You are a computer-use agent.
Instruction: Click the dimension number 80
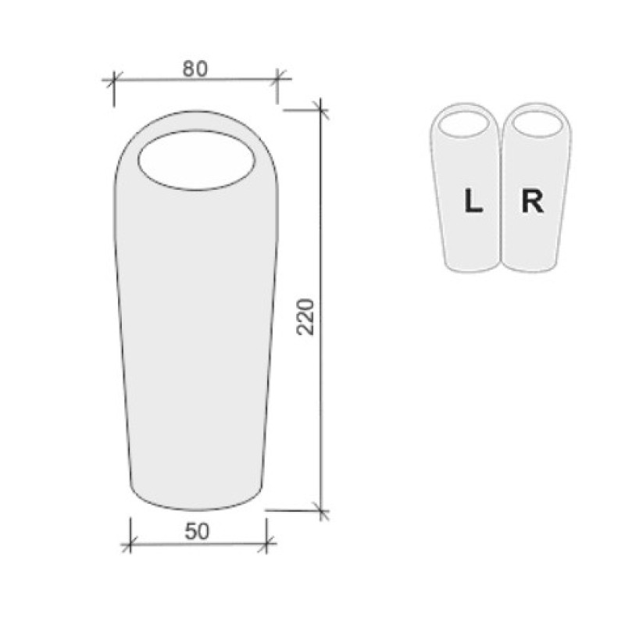[195, 69]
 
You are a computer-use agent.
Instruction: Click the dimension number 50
[197, 531]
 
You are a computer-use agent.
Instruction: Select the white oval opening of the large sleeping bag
[197, 160]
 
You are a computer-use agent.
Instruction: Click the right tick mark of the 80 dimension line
[277, 79]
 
